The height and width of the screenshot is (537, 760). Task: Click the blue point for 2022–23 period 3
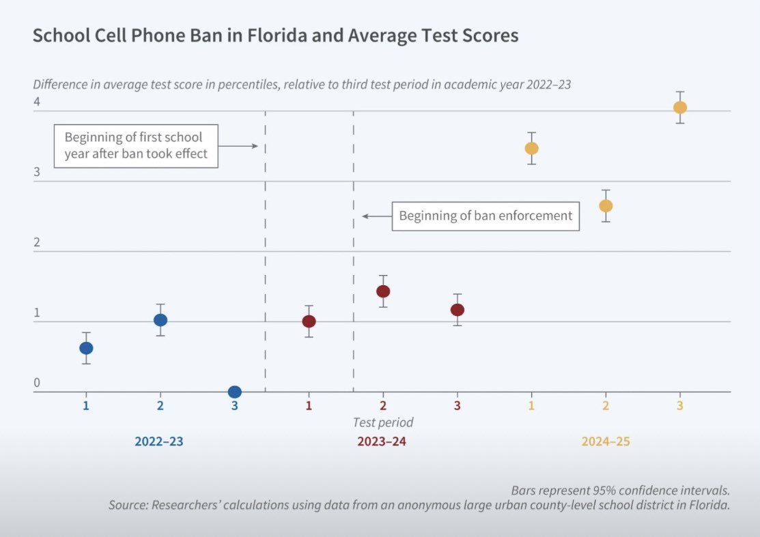point(234,392)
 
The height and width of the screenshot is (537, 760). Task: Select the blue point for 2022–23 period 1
point(86,348)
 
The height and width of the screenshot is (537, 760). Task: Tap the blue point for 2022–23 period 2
point(160,320)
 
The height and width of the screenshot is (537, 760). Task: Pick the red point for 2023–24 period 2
point(383,291)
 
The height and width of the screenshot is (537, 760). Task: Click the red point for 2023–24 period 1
point(309,321)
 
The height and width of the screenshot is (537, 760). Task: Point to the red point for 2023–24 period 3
point(458,310)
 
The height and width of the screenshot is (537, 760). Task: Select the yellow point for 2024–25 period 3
point(679,107)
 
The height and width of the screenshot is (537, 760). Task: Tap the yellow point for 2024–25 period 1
point(531,148)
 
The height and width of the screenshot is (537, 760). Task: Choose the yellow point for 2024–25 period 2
point(605,206)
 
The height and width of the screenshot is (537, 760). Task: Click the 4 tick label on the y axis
point(37,102)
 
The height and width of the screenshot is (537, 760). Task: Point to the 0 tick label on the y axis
point(37,383)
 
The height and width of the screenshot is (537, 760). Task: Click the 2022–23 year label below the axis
point(159,441)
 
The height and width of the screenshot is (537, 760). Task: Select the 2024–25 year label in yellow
point(605,441)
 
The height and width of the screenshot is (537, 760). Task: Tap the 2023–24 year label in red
point(382,441)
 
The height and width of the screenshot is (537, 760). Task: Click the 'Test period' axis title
point(382,422)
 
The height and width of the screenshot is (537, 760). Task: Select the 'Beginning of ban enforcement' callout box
point(485,216)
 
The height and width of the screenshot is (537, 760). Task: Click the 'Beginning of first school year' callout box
point(136,145)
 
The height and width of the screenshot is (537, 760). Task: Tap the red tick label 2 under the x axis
point(383,405)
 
